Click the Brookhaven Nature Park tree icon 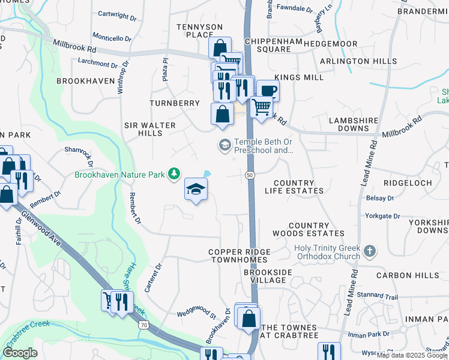tap(174, 173)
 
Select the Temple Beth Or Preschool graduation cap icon tap(224, 144)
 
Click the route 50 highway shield tap(249, 174)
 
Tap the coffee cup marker tap(268, 91)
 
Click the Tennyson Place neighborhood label tap(199, 31)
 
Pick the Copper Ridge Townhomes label tap(240, 256)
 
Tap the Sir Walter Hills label tap(149, 129)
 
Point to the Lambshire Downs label tap(357, 124)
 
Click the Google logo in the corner tap(20, 353)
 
